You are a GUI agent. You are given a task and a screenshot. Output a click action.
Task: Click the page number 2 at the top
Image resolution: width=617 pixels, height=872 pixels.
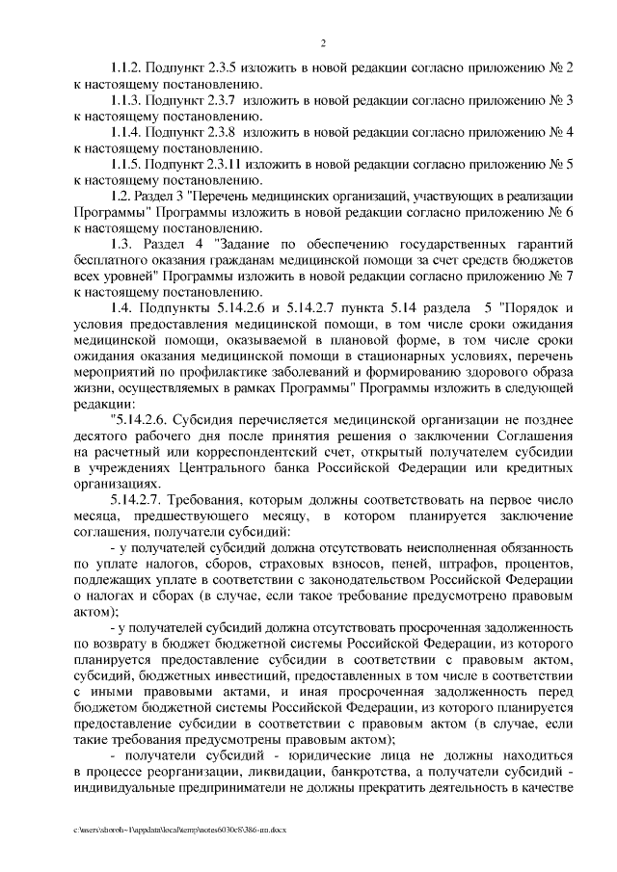(x=324, y=43)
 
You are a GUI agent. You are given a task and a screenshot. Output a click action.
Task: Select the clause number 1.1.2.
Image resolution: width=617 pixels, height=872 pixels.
(x=127, y=67)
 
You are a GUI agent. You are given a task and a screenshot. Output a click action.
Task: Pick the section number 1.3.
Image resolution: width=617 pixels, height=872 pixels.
(x=122, y=245)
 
